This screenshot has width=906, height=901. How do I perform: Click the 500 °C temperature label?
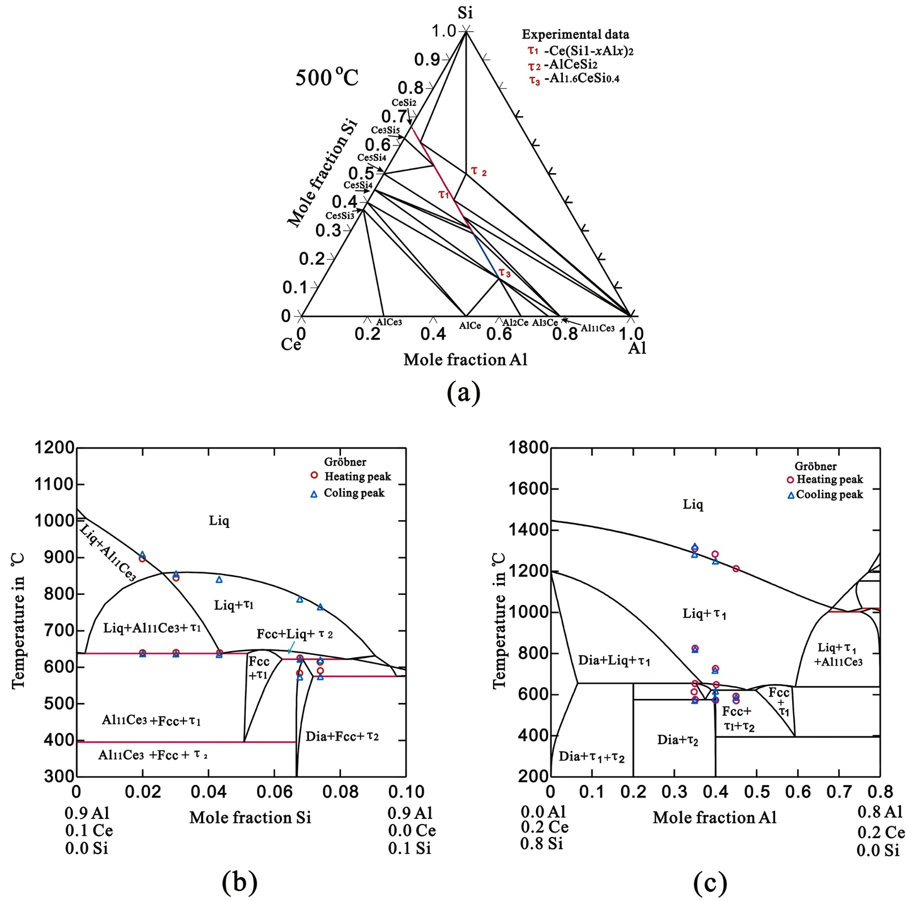point(327,77)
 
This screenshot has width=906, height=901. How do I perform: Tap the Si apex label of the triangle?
point(465,12)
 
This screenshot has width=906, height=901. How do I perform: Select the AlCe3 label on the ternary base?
point(389,322)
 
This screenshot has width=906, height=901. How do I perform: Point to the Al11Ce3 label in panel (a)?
point(597,328)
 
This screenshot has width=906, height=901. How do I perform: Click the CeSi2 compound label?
point(404,103)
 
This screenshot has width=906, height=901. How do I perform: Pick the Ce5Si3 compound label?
point(340,216)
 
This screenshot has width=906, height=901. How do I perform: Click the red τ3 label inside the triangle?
point(505,274)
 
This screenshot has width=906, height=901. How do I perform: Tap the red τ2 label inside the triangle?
point(478,171)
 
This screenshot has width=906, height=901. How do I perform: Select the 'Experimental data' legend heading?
point(575,35)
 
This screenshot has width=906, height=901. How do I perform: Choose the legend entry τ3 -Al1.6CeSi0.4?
point(574,79)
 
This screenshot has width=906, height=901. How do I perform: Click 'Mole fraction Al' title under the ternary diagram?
point(465,360)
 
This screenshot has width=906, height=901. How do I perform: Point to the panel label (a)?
point(463,392)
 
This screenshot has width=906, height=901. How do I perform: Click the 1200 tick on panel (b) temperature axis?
point(54,448)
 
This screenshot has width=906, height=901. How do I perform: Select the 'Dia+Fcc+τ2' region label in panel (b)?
point(342,736)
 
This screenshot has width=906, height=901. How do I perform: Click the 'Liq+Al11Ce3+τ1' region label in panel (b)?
point(152,628)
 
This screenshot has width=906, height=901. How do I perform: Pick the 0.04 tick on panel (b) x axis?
point(208,792)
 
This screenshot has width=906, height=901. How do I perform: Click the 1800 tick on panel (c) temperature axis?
point(528,448)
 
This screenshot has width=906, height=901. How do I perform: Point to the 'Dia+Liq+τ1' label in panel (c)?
point(614,660)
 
